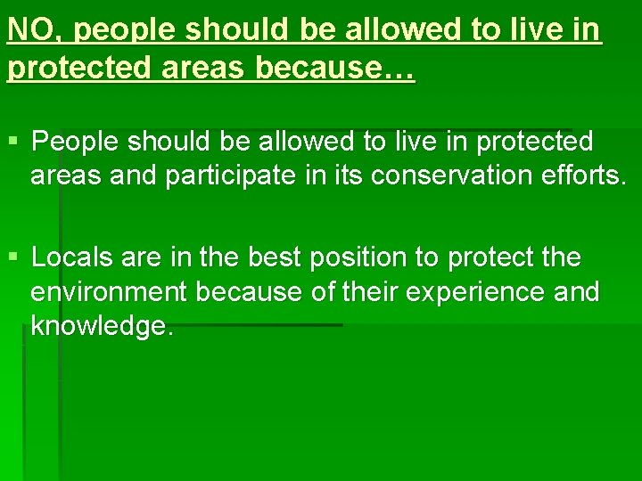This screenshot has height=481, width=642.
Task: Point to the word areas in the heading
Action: click(202, 69)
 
